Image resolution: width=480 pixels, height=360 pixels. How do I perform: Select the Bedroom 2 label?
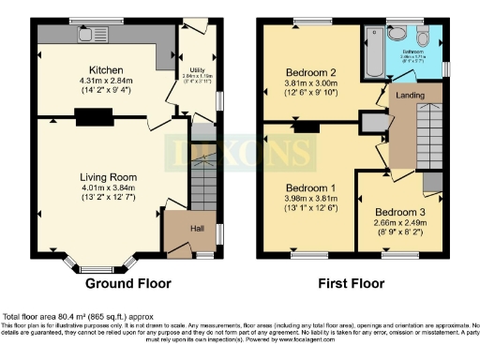click(x=310, y=70)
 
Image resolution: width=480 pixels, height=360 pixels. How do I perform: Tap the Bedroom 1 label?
click(x=310, y=186)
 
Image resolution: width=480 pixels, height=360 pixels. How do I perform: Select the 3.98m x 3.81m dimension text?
click(x=310, y=197)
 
